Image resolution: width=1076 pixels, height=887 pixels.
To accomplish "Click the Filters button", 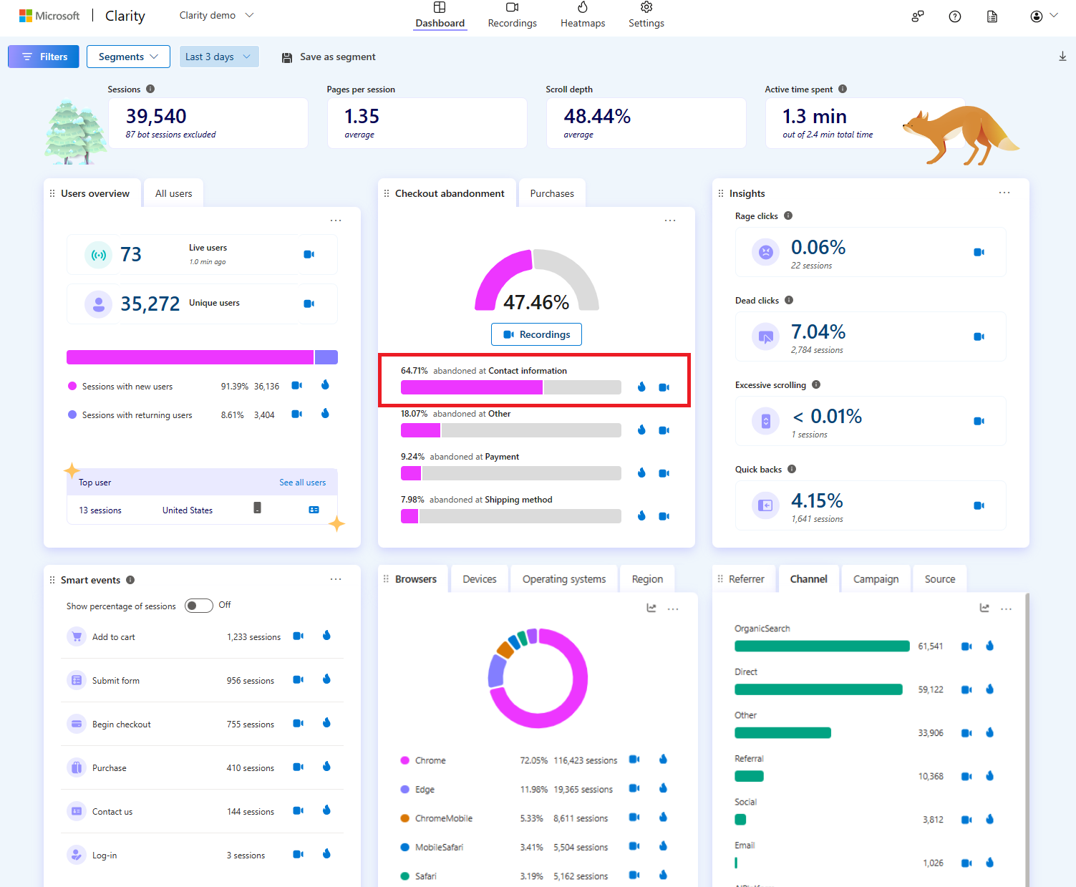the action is [x=43, y=57].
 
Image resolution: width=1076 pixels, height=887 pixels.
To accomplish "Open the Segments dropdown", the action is [x=128, y=57].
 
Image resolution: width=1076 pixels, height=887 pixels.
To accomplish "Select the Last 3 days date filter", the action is [x=219, y=57].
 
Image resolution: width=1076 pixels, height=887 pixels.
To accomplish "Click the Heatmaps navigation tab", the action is [x=583, y=16].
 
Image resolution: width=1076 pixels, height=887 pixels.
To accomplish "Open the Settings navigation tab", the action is [x=646, y=16].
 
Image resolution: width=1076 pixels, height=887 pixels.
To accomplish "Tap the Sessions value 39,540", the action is [x=156, y=117].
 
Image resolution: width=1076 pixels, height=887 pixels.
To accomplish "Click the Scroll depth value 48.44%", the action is [x=597, y=117].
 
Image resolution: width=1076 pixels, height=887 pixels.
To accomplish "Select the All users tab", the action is [x=174, y=193].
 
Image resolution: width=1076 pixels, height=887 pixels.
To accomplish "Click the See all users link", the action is [x=303, y=483].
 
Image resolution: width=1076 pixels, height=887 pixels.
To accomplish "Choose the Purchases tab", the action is [x=552, y=193].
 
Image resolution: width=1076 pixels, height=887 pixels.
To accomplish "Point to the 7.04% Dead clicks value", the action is [x=818, y=332].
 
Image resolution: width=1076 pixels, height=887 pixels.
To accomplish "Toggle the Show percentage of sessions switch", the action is [x=199, y=606].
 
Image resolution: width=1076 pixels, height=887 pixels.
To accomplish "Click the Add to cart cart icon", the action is [x=77, y=636].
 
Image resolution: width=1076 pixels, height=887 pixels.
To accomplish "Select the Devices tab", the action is [x=479, y=579].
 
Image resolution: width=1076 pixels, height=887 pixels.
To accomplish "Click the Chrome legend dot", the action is [x=405, y=760].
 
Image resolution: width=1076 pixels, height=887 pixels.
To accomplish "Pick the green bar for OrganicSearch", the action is [x=822, y=646].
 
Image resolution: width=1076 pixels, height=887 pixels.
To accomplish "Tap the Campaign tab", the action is [x=876, y=579].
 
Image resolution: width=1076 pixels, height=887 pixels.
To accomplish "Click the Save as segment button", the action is [x=329, y=57].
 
